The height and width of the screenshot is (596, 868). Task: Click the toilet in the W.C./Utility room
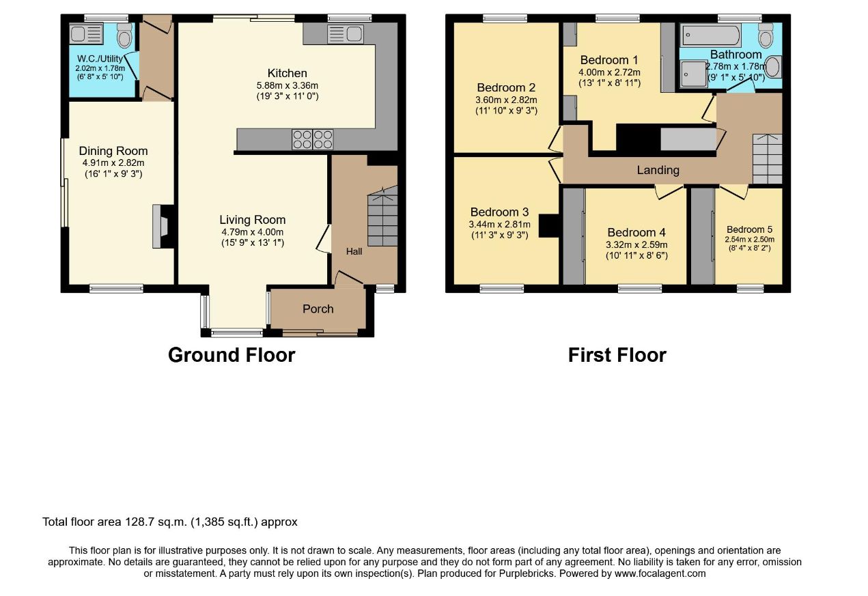pos(124,35)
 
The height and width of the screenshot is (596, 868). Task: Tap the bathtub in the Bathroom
pos(712,36)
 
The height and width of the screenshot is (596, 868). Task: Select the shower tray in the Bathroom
pos(694,74)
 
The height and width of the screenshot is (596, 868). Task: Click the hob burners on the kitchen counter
pos(312,139)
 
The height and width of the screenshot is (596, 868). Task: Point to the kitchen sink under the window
pos(346,34)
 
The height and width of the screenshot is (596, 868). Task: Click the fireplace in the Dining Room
pos(163,226)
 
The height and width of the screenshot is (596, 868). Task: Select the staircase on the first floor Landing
pos(767,159)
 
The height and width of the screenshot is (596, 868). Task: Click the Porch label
pos(318,309)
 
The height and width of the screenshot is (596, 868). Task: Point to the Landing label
pos(658,170)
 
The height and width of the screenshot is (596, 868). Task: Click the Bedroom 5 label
pos(749,229)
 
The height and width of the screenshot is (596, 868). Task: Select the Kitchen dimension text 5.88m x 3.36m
pos(287,85)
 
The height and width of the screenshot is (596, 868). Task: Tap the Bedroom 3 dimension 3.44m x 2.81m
pos(499,224)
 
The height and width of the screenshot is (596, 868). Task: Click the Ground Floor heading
pos(232,355)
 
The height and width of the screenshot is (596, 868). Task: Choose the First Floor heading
pos(617,355)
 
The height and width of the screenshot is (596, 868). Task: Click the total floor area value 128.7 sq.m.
pos(156,522)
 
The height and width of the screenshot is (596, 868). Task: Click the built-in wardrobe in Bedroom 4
pos(574,236)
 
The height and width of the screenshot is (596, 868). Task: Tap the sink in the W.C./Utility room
pos(86,33)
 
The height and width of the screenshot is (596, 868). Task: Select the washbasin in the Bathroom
pos(772,67)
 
